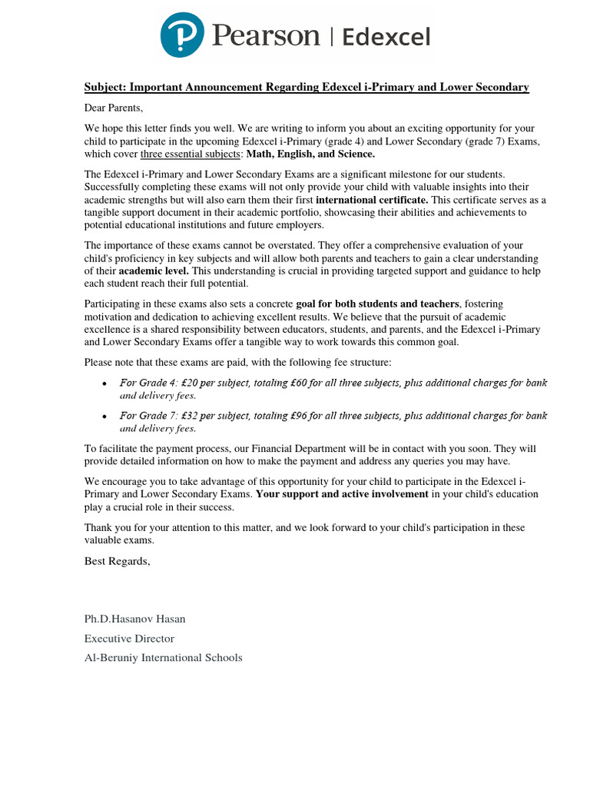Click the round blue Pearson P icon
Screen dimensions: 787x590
183,35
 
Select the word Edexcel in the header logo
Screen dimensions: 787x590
386,37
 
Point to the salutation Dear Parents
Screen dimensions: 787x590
114,108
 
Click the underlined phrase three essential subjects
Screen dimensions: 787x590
191,154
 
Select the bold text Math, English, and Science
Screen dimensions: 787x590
310,154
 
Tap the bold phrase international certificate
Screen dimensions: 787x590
371,200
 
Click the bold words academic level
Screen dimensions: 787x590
154,271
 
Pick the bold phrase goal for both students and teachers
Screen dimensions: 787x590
377,304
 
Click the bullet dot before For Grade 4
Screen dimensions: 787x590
104,384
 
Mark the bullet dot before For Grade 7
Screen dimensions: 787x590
104,417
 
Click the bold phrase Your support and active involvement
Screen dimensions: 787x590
342,494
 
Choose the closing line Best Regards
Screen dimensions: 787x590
117,561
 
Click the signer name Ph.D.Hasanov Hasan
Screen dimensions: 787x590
134,619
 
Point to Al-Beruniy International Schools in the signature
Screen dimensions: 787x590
163,657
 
